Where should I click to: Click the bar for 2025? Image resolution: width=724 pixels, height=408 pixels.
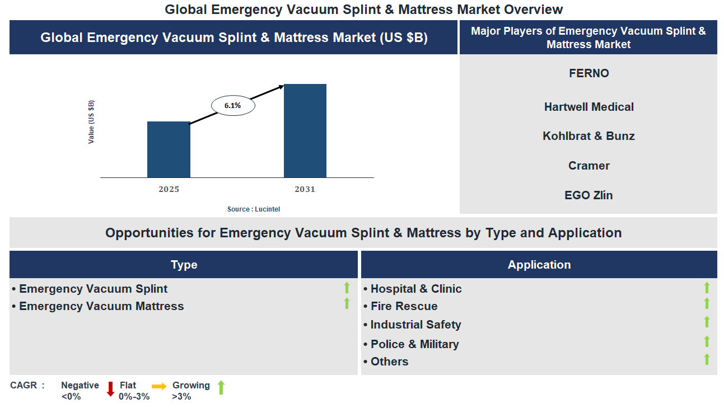point(169,149)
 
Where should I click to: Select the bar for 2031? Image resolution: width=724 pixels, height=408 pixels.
point(305,130)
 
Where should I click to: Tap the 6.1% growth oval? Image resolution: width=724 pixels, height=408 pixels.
point(232,105)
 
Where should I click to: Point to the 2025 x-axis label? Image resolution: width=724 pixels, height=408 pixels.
point(169,189)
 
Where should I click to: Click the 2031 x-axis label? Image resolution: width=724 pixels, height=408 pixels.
point(305,189)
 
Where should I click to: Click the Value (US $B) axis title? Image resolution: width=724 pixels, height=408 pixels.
point(91,122)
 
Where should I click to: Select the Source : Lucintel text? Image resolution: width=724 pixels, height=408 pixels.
point(253,209)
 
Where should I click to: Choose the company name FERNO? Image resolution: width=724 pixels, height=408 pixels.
point(588,73)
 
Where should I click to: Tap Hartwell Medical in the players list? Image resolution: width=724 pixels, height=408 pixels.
point(588,107)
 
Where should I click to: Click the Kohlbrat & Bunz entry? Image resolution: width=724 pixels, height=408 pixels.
point(588,136)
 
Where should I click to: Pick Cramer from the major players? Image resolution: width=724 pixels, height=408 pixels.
point(588,166)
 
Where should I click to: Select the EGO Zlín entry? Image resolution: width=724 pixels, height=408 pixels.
point(588,195)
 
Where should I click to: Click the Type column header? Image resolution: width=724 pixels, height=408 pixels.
point(184,265)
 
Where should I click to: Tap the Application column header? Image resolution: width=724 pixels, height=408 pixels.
point(539,265)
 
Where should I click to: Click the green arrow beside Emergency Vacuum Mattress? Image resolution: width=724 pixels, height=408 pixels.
point(347,304)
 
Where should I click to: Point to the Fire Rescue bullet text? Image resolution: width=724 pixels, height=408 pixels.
point(404,306)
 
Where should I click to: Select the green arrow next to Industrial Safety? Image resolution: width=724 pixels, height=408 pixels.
point(707,322)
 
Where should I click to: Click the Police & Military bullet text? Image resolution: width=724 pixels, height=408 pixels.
point(414,344)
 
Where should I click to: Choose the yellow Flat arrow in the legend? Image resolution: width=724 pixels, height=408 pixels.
point(159,386)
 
